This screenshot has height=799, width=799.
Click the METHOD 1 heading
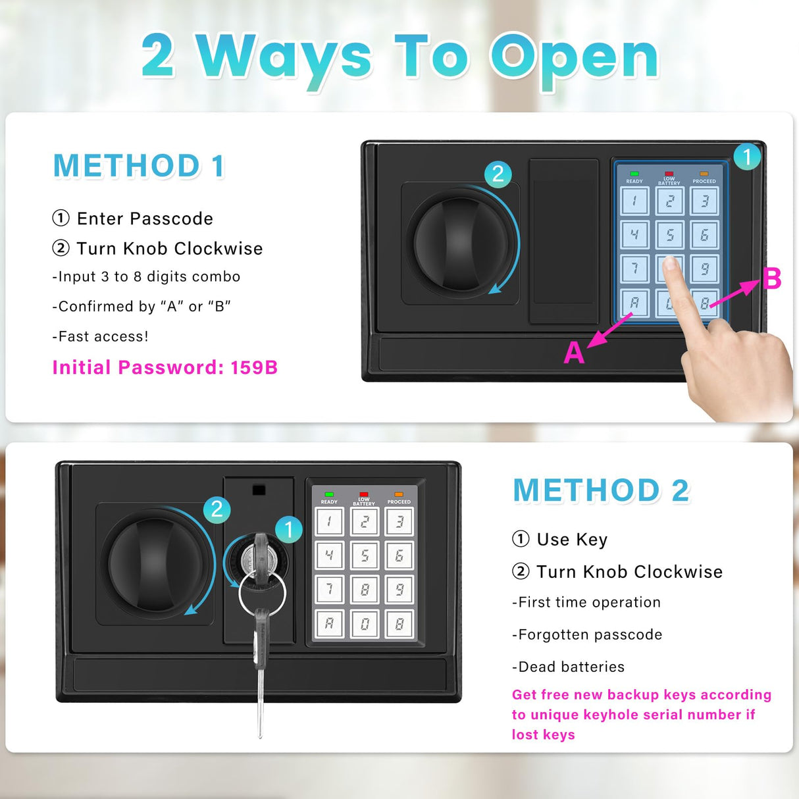tap(139, 166)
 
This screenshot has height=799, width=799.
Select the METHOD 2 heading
tap(601, 490)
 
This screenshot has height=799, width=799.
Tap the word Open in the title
tap(574, 58)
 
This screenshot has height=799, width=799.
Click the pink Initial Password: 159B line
tap(165, 367)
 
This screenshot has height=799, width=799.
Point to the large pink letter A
tap(574, 353)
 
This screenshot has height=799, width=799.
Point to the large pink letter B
tap(771, 278)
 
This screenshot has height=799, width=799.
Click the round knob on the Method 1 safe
tap(461, 243)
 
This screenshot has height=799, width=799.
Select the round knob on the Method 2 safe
tap(155, 563)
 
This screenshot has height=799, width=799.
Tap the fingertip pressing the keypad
tap(671, 265)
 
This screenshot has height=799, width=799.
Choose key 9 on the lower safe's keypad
tap(399, 590)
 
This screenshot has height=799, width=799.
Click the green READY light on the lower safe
tap(329, 494)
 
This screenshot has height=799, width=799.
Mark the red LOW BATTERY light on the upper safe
tap(669, 174)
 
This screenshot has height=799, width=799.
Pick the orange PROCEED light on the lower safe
tap(398, 494)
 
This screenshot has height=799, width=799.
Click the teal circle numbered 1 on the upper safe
tap(746, 157)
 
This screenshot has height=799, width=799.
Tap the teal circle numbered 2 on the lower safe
tap(217, 509)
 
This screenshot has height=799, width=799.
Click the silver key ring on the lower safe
tap(262, 592)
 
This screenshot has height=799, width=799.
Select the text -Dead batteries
tap(568, 667)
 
